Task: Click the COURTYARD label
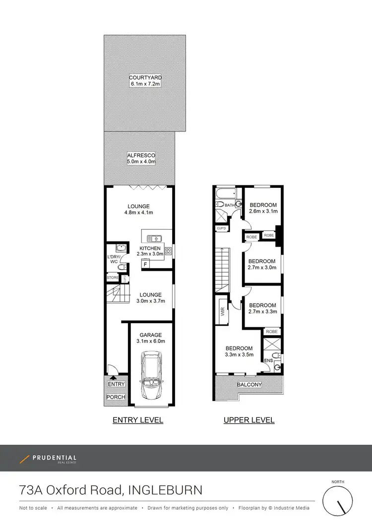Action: pyautogui.click(x=145, y=78)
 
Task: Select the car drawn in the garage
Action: pyautogui.click(x=150, y=375)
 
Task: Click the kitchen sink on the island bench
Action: pyautogui.click(x=153, y=236)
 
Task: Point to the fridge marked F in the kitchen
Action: pyautogui.click(x=145, y=264)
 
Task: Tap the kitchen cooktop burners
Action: pyautogui.click(x=168, y=251)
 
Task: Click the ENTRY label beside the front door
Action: pyautogui.click(x=116, y=384)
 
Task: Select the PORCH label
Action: pyautogui.click(x=116, y=397)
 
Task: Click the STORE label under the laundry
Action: pyautogui.click(x=113, y=278)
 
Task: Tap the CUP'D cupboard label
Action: pyautogui.click(x=222, y=228)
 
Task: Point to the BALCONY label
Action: pyautogui.click(x=249, y=385)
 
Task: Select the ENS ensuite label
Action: pyautogui.click(x=268, y=360)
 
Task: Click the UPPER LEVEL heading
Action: pyautogui.click(x=249, y=420)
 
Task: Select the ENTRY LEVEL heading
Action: pyautogui.click(x=138, y=420)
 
